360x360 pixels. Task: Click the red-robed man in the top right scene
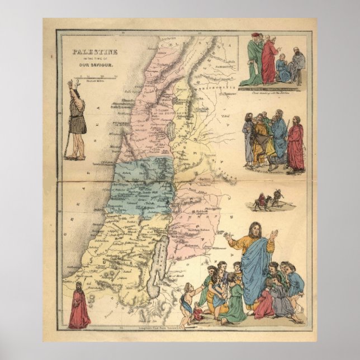269,60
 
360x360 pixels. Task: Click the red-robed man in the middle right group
295,147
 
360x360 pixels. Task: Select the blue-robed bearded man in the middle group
279,140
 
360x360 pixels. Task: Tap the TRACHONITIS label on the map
210,88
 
